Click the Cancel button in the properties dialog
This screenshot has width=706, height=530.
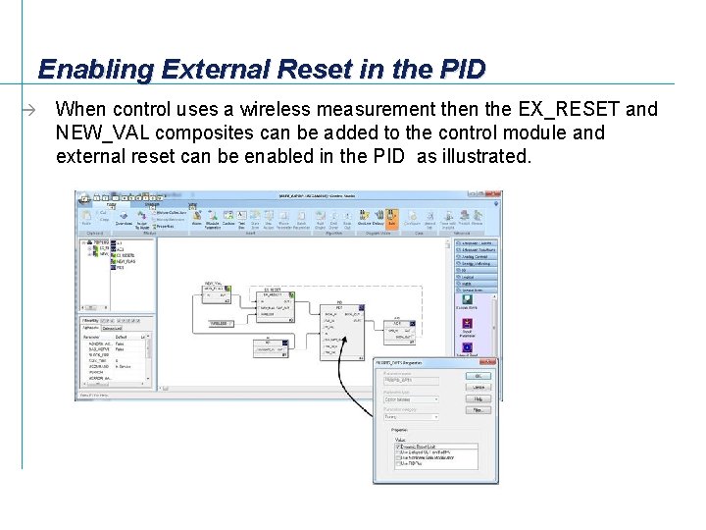tap(479, 387)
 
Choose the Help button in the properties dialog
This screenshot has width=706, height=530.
tap(479, 398)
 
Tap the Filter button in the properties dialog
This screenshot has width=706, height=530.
tap(479, 410)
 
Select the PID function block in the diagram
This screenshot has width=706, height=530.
tap(339, 329)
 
